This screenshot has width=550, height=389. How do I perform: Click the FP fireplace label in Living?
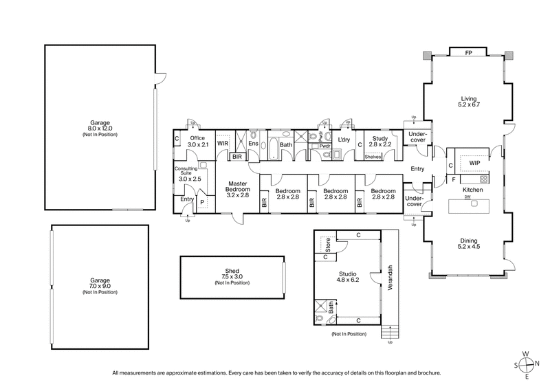tap(468, 53)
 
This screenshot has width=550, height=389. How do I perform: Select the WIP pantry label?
tap(474, 163)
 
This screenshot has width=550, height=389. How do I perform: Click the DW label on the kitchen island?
tap(467, 197)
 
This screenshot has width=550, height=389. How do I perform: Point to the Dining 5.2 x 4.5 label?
tap(468, 245)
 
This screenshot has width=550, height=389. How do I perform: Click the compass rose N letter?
tap(537, 364)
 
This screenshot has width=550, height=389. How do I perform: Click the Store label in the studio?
tap(328, 244)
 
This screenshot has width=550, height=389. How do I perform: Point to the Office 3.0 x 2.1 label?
tap(197, 141)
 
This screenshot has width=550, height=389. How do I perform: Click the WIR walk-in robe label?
tap(223, 144)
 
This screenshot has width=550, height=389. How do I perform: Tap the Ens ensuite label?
tap(252, 144)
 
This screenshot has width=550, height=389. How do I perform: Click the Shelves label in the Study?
tap(373, 156)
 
